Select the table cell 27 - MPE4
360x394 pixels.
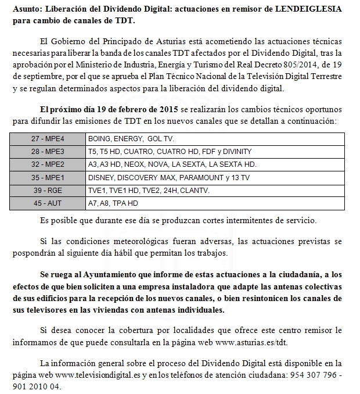pos(48,139)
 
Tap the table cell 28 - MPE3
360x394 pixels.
pos(48,152)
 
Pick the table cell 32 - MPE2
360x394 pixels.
pos(48,164)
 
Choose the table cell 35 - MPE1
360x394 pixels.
pos(48,177)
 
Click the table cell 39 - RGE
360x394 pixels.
pos(48,190)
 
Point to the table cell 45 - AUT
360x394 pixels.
pos(48,203)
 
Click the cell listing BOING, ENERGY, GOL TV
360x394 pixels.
pos(131,139)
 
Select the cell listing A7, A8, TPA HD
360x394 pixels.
pos(113,203)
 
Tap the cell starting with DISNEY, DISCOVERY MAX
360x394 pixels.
pos(168,177)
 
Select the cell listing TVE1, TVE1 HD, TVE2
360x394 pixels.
pos(148,190)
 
